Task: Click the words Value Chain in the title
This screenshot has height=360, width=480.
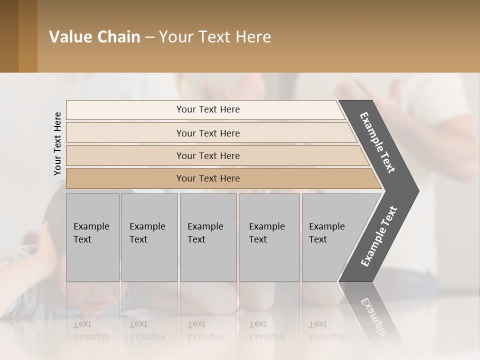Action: click(x=94, y=37)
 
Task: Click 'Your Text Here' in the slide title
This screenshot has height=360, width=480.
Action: click(x=215, y=37)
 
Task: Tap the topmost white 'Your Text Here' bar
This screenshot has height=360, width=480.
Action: click(x=208, y=109)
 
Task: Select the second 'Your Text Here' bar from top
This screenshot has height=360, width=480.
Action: click(x=208, y=133)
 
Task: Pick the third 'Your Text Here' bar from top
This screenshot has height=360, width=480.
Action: click(x=208, y=155)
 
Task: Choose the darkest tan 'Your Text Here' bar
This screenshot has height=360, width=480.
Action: click(x=208, y=178)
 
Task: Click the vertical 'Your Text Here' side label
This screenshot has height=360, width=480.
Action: click(x=57, y=143)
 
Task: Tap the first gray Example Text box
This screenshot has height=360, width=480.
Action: click(x=92, y=237)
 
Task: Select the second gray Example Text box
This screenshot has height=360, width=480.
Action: click(x=148, y=237)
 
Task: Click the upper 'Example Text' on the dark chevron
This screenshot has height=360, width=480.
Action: click(x=377, y=142)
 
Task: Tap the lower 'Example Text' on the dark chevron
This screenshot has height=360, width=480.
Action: click(x=379, y=236)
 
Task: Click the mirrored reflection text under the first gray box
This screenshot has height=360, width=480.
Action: click(x=91, y=330)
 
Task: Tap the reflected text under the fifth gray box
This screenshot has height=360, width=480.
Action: click(x=326, y=330)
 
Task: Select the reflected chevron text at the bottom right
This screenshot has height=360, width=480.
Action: click(x=378, y=320)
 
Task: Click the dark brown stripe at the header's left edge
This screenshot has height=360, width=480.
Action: click(x=9, y=36)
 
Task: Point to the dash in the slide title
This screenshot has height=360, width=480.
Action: click(x=149, y=37)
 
